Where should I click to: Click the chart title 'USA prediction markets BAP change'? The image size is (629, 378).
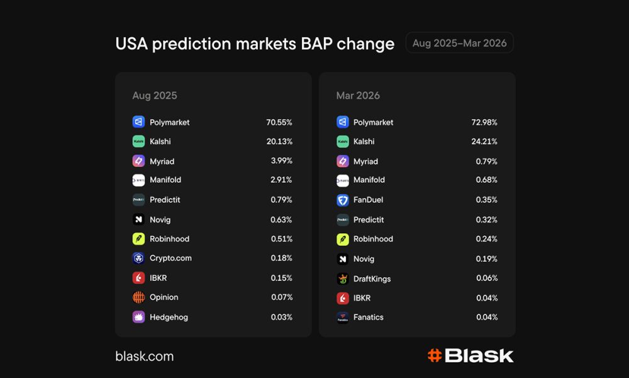coord(255,44)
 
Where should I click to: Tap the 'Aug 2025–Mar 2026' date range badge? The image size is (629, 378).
coord(459,43)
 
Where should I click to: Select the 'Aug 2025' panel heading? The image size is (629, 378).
coord(155,96)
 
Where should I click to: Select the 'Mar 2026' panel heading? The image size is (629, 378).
coord(358,96)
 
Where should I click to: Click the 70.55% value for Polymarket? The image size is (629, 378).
coord(279,122)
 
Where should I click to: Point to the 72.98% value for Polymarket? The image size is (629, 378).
coord(484,122)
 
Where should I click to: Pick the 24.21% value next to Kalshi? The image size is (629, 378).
coord(484,142)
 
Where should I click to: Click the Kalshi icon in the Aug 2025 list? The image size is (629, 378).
coord(138,142)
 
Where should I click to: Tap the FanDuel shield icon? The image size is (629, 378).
coord(343,200)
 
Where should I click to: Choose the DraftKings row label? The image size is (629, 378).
coord(372,278)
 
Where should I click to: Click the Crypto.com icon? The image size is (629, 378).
coord(138,258)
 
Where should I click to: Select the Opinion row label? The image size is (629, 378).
coord(164,297)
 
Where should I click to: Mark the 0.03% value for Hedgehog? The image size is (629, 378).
coord(281,317)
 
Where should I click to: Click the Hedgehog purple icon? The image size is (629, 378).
coord(138,317)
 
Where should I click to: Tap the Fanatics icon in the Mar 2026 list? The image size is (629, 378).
coord(343,318)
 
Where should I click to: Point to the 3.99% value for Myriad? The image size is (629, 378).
coord(281,161)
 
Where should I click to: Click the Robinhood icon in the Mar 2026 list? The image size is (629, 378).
coord(343,239)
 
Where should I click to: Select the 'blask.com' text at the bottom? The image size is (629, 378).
coord(144,357)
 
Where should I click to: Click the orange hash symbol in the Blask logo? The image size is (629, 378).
coord(434,356)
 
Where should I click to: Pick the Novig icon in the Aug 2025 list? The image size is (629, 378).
coord(138,220)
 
